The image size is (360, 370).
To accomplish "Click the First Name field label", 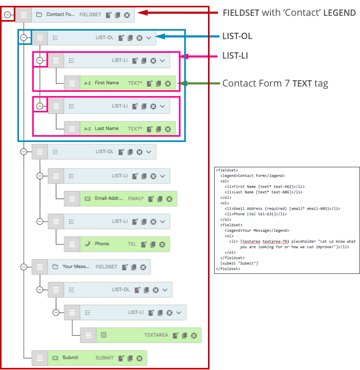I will click(x=107, y=83).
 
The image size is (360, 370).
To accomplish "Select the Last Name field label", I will click(x=107, y=128).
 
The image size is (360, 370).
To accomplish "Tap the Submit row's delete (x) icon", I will click(x=139, y=358).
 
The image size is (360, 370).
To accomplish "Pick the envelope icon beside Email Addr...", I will click(x=87, y=198).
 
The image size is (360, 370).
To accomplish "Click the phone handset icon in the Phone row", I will click(x=87, y=244).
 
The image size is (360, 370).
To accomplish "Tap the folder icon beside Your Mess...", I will click(x=55, y=267).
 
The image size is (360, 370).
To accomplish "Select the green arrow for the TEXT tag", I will click(x=198, y=83).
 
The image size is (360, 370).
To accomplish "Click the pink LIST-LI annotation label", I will click(x=235, y=55).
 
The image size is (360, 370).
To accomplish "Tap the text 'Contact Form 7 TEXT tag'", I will click(x=274, y=83).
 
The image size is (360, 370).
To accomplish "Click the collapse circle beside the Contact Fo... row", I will click(x=7, y=15).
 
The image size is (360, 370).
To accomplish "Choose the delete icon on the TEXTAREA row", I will click(x=194, y=335).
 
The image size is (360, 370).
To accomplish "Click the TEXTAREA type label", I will click(x=156, y=335).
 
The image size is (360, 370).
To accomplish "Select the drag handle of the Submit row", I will click(x=40, y=358).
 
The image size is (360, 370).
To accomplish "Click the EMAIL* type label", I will click(x=136, y=198).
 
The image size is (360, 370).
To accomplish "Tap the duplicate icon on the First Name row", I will click(x=158, y=83).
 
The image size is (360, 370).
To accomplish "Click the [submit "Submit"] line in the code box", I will click(x=239, y=263).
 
